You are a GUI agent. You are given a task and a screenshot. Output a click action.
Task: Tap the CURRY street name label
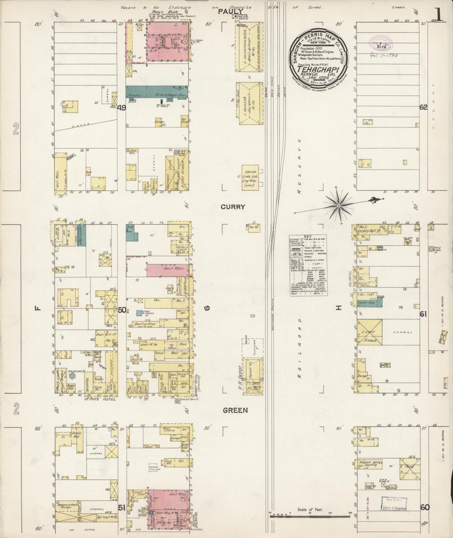pos(233,207)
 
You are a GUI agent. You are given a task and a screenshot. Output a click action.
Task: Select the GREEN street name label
pos(235,410)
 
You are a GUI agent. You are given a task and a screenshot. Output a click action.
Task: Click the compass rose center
pos(339,206)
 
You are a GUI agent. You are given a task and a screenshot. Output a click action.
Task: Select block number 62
pos(424,107)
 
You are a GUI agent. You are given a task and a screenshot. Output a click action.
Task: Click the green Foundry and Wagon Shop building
pos(156,92)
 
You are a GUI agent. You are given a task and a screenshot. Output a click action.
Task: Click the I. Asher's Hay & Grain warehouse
pos(250,103)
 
